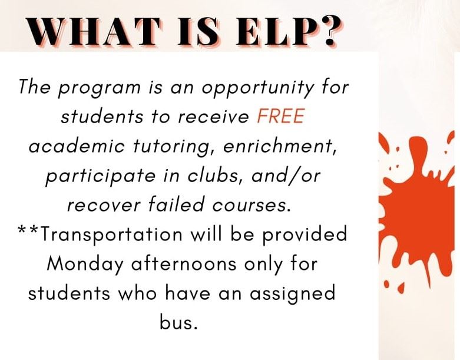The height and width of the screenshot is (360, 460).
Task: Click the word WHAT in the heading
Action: pos(94,31)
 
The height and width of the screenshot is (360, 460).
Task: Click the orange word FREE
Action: pos(281,116)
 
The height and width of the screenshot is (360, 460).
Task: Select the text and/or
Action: pos(286,176)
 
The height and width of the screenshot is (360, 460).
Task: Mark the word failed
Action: pos(176,204)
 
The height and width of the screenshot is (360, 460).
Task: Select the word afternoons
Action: pos(184,263)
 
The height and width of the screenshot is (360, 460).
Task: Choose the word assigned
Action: pos(292,293)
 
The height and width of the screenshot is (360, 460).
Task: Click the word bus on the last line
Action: pos(178,322)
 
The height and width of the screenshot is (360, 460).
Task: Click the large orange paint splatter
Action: pos(416,212)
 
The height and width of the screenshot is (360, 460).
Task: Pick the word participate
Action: pos(100,176)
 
